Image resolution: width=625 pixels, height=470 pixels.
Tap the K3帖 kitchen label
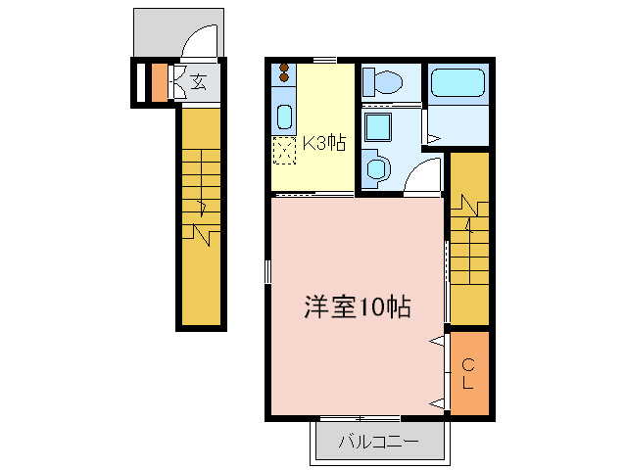click(321, 143)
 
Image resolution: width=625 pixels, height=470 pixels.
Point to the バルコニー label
click(378, 442)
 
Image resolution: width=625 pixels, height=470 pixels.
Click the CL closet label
click(468, 372)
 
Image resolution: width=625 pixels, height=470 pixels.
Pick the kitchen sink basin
click(284, 117)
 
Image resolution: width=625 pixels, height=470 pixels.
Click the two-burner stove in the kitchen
click(284, 74)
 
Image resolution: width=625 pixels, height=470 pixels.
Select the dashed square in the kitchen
click(284, 150)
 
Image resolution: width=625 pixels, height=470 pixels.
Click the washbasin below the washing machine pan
click(375, 169)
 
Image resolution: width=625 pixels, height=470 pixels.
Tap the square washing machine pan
click(377, 127)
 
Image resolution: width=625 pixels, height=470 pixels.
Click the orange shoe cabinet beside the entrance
click(160, 81)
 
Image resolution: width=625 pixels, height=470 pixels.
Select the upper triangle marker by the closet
click(436, 342)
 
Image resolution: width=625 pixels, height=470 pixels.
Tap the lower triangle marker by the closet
click(436, 401)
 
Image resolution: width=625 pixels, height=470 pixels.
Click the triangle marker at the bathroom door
click(433, 140)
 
